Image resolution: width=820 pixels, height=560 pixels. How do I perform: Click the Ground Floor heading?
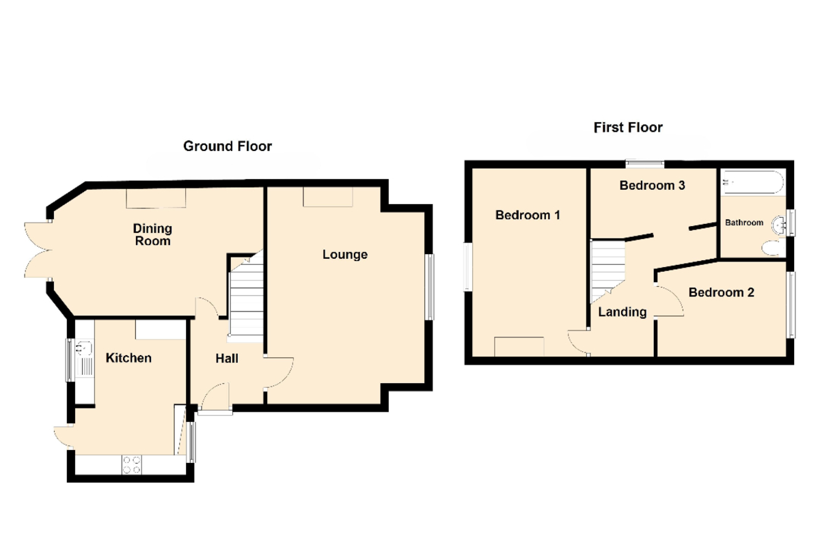228,146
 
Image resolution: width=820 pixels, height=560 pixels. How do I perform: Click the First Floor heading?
628,128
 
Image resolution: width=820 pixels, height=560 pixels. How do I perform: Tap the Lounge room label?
345,254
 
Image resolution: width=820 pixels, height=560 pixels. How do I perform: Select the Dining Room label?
152,234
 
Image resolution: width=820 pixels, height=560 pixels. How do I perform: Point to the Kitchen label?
128,358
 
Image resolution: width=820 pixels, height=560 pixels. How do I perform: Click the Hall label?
227,359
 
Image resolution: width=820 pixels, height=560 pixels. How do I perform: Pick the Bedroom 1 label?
528,215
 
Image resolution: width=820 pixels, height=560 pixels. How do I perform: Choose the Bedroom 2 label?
721,292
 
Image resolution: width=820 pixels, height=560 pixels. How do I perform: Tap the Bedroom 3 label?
652,186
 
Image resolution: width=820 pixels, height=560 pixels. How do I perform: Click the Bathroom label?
744,223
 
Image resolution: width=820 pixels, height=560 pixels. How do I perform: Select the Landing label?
623,312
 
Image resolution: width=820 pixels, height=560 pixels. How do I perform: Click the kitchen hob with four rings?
132,464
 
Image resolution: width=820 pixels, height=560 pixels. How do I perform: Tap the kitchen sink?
85,358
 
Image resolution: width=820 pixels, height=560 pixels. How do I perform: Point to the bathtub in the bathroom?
753,182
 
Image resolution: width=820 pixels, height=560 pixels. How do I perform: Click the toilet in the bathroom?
773,248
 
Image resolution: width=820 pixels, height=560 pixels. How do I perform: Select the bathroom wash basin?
778,225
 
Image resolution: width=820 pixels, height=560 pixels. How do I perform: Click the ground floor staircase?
245,296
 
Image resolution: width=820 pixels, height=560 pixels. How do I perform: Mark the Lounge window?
431,287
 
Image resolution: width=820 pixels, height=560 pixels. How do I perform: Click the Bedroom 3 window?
644,164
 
